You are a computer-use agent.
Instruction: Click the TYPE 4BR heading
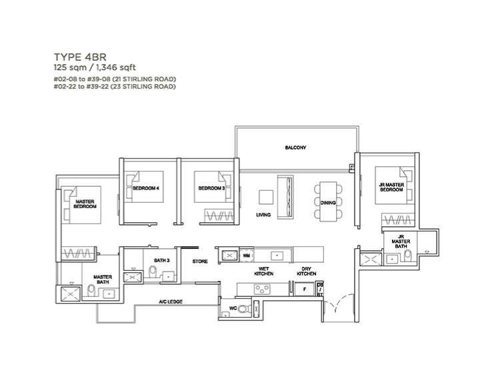tap(80, 57)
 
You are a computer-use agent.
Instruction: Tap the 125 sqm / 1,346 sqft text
tap(95, 67)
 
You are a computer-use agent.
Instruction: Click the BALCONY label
tap(295, 147)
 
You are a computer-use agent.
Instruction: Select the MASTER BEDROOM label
tap(85, 204)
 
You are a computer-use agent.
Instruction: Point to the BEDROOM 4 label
tap(146, 188)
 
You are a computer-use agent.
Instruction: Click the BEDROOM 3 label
tap(211, 188)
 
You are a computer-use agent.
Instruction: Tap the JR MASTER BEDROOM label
tap(391, 187)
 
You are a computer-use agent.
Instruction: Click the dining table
tap(329, 202)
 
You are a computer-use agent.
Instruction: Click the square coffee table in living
tap(266, 198)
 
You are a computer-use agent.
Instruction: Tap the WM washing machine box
tap(247, 256)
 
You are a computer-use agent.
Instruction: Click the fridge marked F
tap(305, 289)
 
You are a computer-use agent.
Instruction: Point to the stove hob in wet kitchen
tap(262, 290)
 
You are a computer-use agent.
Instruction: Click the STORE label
tap(200, 262)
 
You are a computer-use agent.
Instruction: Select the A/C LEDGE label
tap(171, 302)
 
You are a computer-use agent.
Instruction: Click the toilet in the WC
tap(246, 309)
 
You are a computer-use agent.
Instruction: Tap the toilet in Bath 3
tap(153, 272)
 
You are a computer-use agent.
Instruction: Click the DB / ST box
tap(319, 290)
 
